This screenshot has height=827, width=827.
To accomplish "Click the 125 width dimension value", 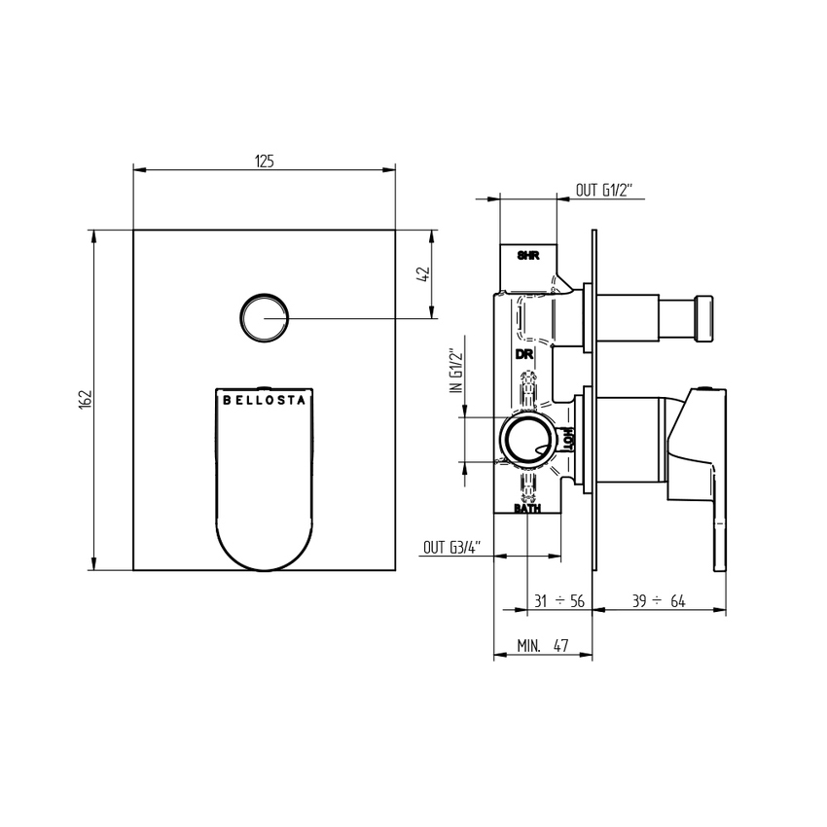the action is pyautogui.click(x=265, y=161).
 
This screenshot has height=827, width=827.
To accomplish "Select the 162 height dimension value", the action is pyautogui.click(x=86, y=400).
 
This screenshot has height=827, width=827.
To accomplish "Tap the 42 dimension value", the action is pyautogui.click(x=424, y=274).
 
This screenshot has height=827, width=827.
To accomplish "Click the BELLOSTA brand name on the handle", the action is pyautogui.click(x=265, y=400).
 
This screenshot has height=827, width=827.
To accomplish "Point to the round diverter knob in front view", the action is pyautogui.click(x=265, y=317).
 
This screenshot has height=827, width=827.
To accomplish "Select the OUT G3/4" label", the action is pyautogui.click(x=452, y=548).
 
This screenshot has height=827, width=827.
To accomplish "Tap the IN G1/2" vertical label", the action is pyautogui.click(x=455, y=371).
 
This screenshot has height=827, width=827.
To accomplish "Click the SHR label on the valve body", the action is pyautogui.click(x=528, y=256).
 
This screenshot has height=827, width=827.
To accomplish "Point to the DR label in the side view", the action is pyautogui.click(x=524, y=354).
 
